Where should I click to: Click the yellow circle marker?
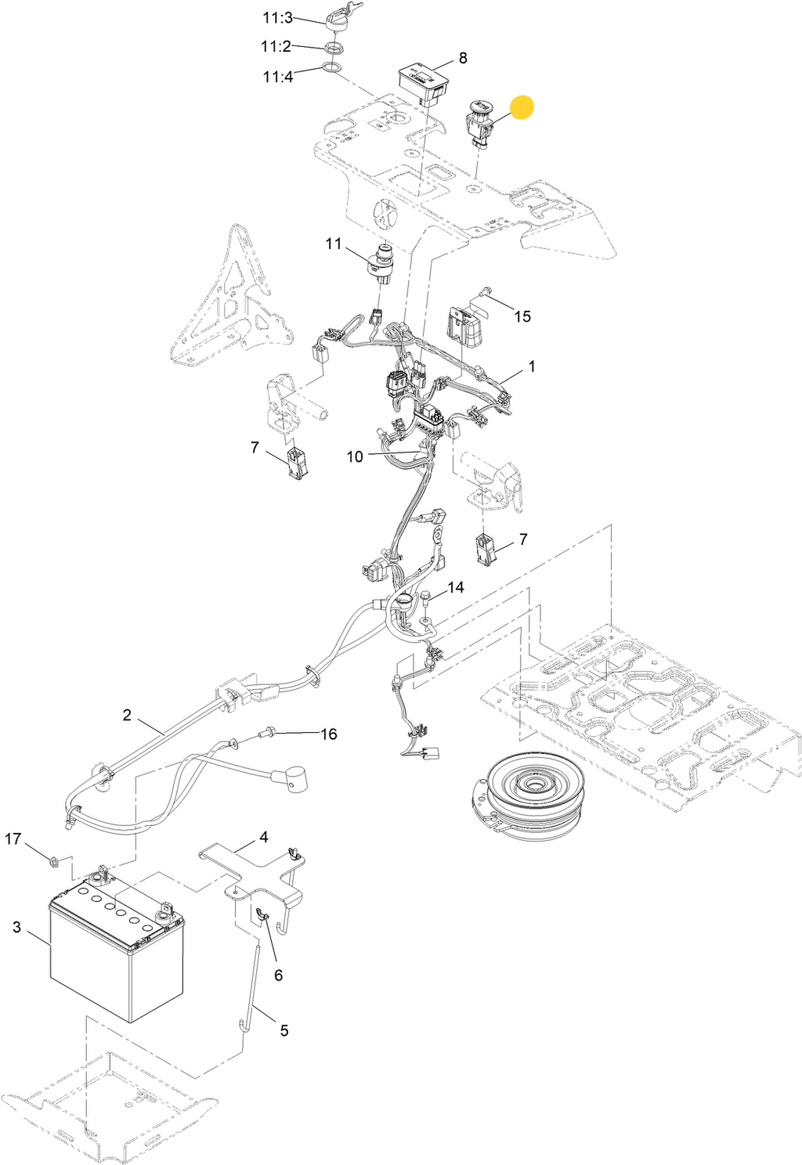(x=522, y=106)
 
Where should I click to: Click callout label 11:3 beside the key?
(x=278, y=18)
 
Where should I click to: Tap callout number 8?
(x=463, y=58)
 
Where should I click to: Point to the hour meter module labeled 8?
(x=422, y=84)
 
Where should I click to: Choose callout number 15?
(x=522, y=316)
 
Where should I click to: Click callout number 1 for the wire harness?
(x=532, y=366)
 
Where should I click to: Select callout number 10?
(x=355, y=457)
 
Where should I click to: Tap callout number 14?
(x=456, y=587)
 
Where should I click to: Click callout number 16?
(x=329, y=734)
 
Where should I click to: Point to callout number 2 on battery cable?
(x=127, y=715)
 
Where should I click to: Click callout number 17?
(x=13, y=839)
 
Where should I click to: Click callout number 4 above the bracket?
(x=264, y=838)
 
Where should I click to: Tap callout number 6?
(x=278, y=976)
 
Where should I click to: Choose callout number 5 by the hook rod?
(x=284, y=1031)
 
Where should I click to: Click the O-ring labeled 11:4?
(x=332, y=67)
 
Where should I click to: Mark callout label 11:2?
(x=276, y=47)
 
